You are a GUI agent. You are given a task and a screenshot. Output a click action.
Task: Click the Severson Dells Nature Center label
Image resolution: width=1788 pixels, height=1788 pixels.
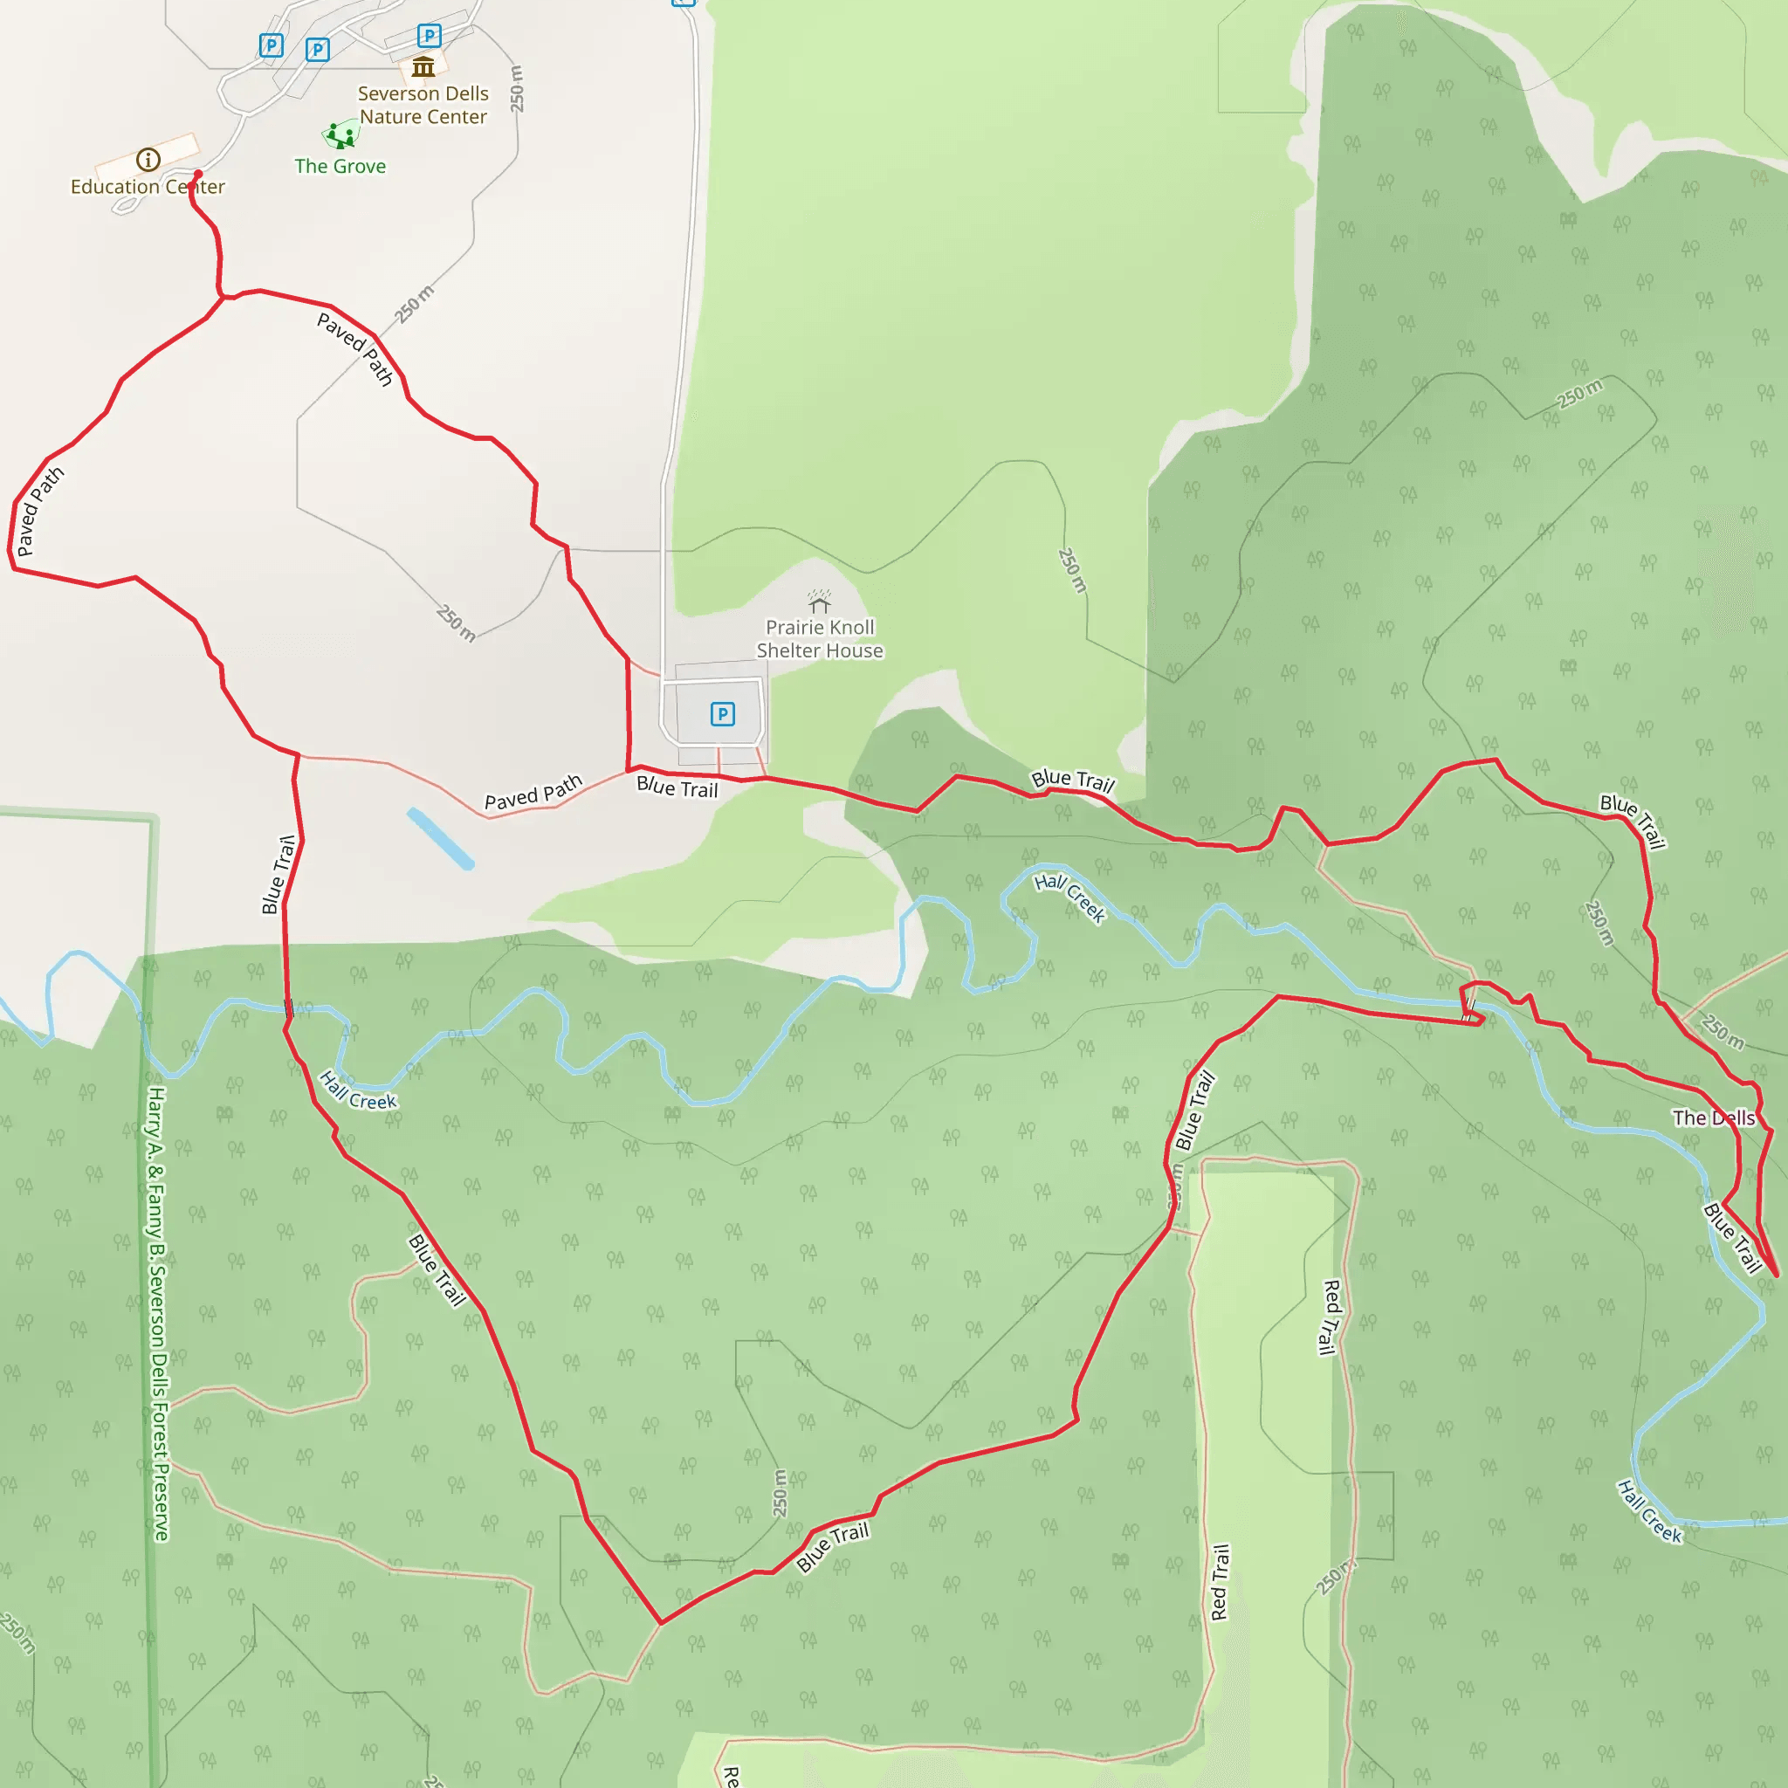pos(423,106)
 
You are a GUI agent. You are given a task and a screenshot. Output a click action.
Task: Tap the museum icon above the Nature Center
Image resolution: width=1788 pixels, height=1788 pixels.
pos(423,66)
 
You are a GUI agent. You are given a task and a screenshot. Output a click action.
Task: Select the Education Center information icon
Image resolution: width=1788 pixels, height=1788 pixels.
pos(148,160)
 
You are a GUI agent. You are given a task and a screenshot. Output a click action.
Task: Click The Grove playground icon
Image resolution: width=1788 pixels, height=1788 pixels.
pos(340,136)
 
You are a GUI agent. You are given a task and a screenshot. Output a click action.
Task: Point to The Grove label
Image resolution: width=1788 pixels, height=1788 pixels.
pos(340,167)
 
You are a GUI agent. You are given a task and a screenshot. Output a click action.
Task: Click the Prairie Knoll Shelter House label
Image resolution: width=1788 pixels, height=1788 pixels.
pos(820,639)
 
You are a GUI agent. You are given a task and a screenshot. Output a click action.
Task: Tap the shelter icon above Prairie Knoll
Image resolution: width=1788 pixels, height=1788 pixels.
pos(819,602)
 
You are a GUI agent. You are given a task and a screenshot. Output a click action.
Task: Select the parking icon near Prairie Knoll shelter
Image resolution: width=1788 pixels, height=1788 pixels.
pos(723,713)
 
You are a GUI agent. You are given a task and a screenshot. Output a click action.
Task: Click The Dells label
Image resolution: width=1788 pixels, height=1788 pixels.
pos(1714,1118)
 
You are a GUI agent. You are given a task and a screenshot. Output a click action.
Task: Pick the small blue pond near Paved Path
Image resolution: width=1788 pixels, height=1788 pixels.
pos(441,838)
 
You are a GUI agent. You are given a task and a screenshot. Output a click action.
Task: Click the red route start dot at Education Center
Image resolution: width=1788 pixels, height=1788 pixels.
pos(198,174)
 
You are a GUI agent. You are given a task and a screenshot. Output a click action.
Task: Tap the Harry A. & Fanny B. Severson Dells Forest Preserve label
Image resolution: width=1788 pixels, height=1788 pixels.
pos(158,1314)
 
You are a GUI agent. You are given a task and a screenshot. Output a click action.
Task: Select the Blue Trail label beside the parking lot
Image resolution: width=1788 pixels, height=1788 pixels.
pos(677,787)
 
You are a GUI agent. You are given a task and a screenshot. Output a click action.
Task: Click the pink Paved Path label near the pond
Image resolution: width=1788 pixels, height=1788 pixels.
pos(533,792)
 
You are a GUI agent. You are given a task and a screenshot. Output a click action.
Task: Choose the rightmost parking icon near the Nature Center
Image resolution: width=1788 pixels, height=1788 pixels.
pos(430,36)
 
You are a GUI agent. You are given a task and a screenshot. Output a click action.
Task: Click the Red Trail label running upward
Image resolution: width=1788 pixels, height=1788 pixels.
pos(1221,1583)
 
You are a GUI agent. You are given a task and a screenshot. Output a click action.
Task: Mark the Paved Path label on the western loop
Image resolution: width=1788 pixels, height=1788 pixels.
pos(40,511)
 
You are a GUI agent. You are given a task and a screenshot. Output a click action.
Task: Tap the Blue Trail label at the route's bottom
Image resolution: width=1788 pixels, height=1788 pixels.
pos(833,1546)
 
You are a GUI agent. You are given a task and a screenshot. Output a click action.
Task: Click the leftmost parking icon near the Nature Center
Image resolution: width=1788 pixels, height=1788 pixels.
pos(272,45)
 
